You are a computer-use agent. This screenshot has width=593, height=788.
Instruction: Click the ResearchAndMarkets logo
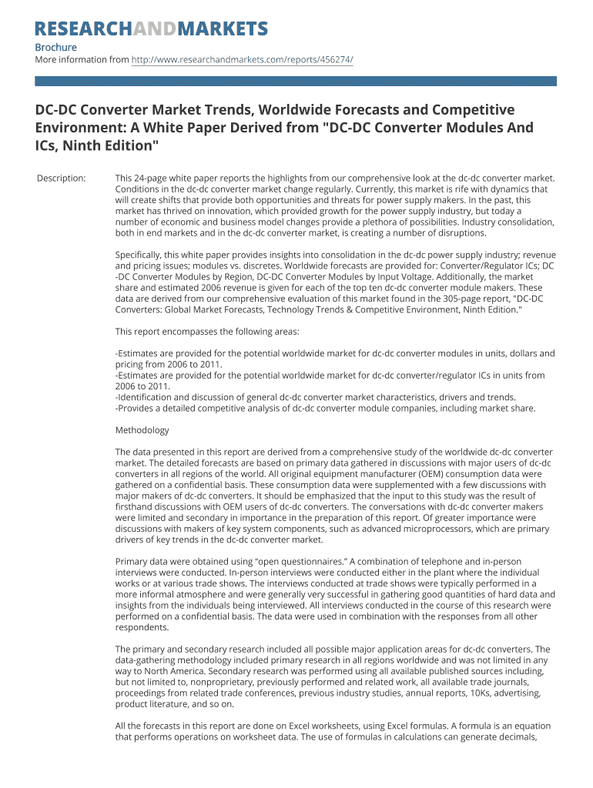(x=151, y=29)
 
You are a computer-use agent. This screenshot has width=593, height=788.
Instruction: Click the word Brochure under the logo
(x=56, y=48)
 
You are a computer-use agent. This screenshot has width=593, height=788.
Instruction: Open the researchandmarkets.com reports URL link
(x=243, y=59)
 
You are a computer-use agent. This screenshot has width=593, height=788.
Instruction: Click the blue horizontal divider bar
(x=296, y=80)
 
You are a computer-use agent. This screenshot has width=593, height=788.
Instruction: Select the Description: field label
(x=62, y=179)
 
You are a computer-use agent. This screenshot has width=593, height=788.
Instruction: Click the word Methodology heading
(x=142, y=430)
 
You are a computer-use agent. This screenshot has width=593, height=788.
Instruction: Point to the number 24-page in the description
(x=152, y=179)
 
